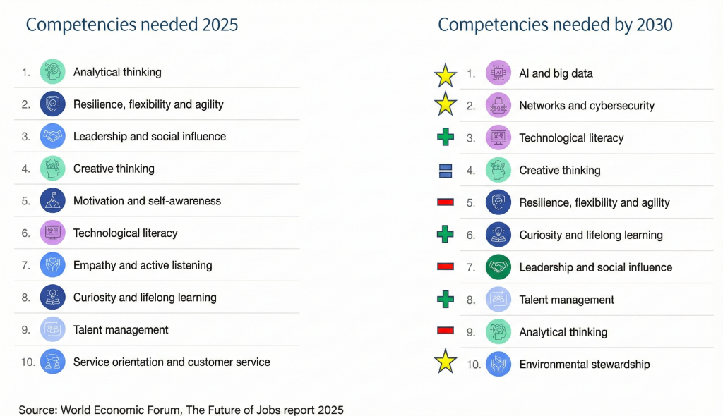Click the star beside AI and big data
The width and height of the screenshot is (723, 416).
pyautogui.click(x=446, y=74)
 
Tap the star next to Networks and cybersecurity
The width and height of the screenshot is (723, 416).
pyautogui.click(x=446, y=105)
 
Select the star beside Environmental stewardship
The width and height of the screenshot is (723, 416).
pyautogui.click(x=446, y=362)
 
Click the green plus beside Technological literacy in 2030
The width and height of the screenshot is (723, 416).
pyautogui.click(x=446, y=137)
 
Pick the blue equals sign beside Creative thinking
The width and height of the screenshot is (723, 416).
pyautogui.click(x=446, y=170)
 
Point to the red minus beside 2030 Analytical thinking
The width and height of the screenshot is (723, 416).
pyautogui.click(x=446, y=331)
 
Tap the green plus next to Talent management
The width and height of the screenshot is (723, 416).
pyautogui.click(x=446, y=299)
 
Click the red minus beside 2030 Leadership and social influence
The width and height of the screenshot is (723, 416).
pyautogui.click(x=446, y=267)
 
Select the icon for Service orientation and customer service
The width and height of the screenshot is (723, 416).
pyautogui.click(x=53, y=362)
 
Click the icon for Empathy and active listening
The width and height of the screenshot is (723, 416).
pyautogui.click(x=53, y=265)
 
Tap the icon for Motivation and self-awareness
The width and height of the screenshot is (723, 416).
pyautogui.click(x=53, y=201)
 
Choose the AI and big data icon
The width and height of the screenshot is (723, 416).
pyautogui.click(x=498, y=73)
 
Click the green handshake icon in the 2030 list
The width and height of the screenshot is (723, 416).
pyautogui.click(x=498, y=267)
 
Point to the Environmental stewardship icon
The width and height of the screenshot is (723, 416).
pyautogui.click(x=498, y=365)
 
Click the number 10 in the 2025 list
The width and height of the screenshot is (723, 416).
pyautogui.click(x=28, y=362)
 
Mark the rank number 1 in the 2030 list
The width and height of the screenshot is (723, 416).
pyautogui.click(x=471, y=73)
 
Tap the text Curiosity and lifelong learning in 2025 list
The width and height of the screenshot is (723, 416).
pyautogui.click(x=145, y=298)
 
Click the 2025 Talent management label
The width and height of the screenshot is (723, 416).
pyautogui.click(x=121, y=330)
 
